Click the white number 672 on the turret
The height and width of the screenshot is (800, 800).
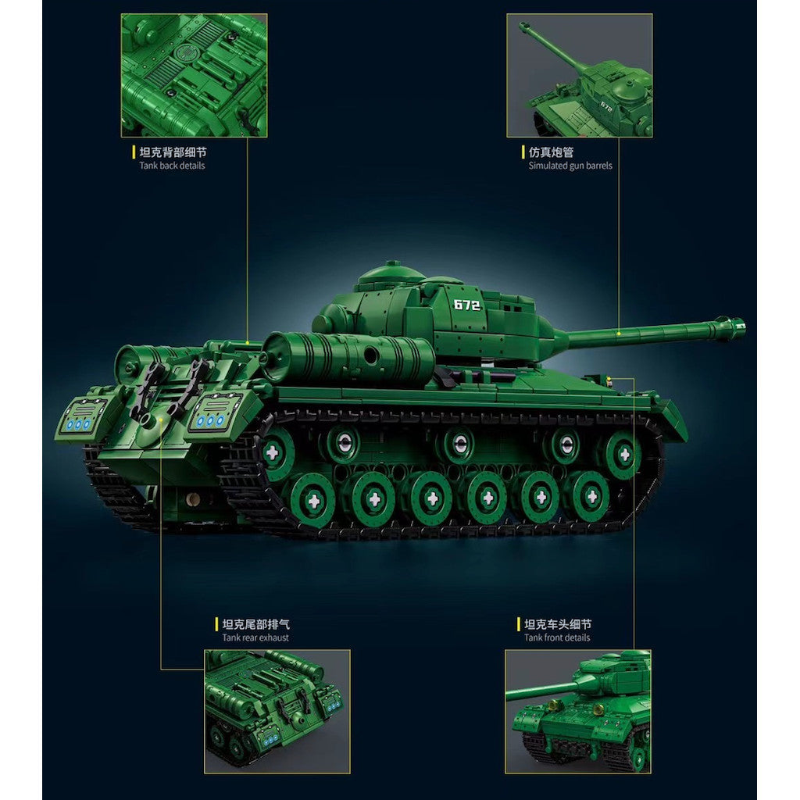(x=466, y=305)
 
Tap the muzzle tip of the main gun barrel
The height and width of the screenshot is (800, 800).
(x=743, y=326)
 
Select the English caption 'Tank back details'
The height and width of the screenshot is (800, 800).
(x=172, y=166)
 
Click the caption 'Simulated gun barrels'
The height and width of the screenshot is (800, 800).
(x=570, y=166)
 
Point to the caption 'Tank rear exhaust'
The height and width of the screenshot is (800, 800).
(x=255, y=637)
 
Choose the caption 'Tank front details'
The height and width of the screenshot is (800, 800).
(x=556, y=637)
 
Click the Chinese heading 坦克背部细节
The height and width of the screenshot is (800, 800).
(x=173, y=152)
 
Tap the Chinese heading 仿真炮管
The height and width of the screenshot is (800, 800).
(x=551, y=152)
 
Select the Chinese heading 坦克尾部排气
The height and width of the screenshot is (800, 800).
(x=255, y=623)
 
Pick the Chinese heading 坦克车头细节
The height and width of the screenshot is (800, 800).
(x=558, y=623)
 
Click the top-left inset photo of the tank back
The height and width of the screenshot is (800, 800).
(x=194, y=76)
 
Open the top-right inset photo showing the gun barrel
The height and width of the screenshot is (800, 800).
(x=580, y=76)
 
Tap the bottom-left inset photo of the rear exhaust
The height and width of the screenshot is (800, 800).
(x=277, y=711)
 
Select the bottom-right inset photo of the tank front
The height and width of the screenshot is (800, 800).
(x=578, y=711)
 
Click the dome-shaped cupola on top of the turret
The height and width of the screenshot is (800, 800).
(x=391, y=273)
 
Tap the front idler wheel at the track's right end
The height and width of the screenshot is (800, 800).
(x=623, y=454)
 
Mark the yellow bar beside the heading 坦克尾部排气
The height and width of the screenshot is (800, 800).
(x=217, y=623)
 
